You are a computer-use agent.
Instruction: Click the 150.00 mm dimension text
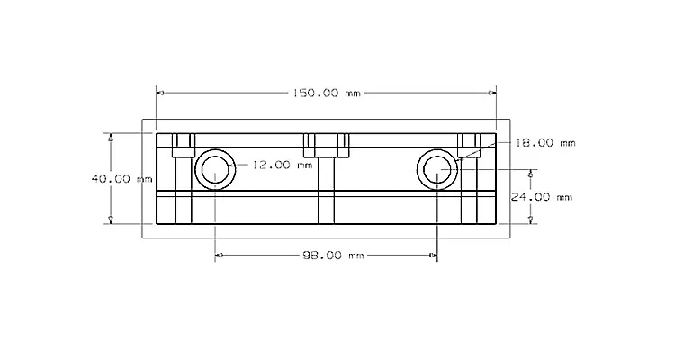tap(327, 93)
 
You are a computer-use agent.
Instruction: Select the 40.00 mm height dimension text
tap(121, 179)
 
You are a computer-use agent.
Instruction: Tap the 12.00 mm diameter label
tap(282, 165)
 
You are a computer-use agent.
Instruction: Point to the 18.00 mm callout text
tap(545, 143)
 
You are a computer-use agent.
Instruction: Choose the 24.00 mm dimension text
tap(542, 197)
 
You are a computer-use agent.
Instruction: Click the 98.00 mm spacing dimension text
tap(333, 256)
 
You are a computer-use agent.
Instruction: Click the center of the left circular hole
tap(215, 170)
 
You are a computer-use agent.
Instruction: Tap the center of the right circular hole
tap(437, 170)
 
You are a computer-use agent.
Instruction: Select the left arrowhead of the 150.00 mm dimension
tap(160, 93)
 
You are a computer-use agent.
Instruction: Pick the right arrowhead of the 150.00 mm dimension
tap(492, 93)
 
